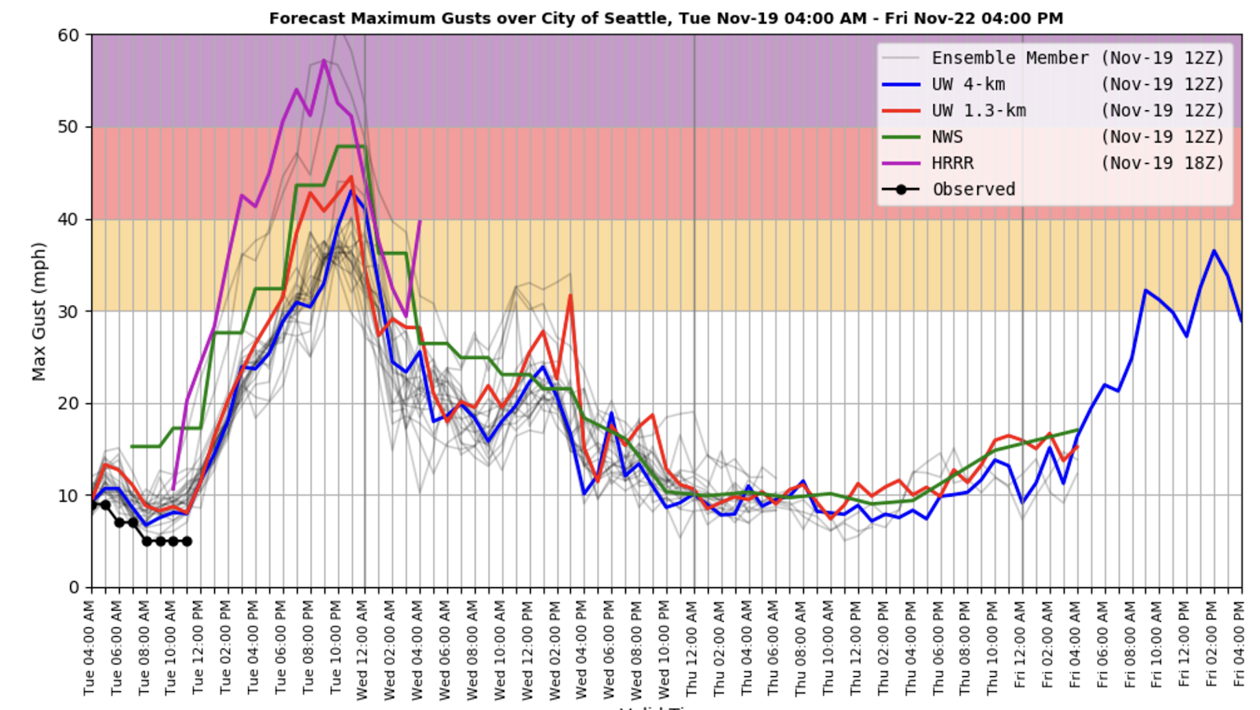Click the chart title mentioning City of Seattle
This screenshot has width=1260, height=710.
coord(665,18)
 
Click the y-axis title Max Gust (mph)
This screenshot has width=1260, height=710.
coord(39,311)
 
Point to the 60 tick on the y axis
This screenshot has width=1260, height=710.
coord(69,35)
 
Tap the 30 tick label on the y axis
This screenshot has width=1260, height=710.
coord(69,311)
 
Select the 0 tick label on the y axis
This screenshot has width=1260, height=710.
coord(74,587)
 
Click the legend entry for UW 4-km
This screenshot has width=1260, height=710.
coord(968,84)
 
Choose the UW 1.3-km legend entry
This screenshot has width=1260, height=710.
coord(978,111)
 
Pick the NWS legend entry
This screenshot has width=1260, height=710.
coord(947,137)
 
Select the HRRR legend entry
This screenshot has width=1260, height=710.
coord(952,163)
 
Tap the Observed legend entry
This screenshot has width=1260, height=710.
coord(973,190)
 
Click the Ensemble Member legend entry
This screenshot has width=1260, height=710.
coord(1010,58)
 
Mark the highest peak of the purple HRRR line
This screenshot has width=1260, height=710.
coord(324,60)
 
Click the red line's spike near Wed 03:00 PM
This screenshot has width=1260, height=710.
coord(570,295)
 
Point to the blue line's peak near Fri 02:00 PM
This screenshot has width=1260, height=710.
coord(1214,251)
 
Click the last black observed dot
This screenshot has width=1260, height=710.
coord(187,542)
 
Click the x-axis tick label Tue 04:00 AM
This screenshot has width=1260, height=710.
coord(89,648)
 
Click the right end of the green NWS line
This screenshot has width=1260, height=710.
coord(1078,430)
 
